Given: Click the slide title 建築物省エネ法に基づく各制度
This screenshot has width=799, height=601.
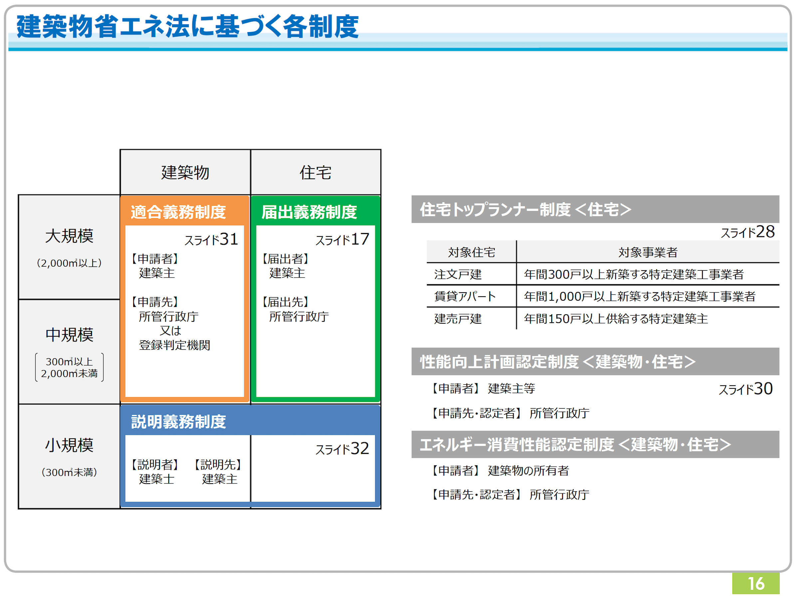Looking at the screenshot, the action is click(x=187, y=27).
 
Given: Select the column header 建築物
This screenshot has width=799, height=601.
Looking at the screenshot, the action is click(x=185, y=173).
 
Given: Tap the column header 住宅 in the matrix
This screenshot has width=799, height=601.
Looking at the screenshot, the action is click(x=315, y=173).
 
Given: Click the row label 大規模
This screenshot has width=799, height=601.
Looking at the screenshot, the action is click(x=69, y=236).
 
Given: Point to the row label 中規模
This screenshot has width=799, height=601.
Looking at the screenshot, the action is click(x=69, y=335).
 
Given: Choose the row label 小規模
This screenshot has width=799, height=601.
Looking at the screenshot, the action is click(x=69, y=445).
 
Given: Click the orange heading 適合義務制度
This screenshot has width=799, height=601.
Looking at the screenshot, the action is click(x=178, y=212).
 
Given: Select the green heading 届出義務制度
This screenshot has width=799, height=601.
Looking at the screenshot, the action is click(x=309, y=212).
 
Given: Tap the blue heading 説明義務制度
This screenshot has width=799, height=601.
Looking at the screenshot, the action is click(x=178, y=422).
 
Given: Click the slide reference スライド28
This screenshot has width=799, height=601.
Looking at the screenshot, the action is click(x=748, y=232).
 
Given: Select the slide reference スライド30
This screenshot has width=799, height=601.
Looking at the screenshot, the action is click(x=745, y=389).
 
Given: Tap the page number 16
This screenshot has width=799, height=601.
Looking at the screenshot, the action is click(x=756, y=584).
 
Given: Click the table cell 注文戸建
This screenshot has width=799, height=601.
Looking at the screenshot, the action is click(x=458, y=274).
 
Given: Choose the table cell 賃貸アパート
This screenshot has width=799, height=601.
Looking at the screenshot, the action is click(x=465, y=296).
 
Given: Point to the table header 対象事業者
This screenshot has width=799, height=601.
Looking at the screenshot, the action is click(x=648, y=252).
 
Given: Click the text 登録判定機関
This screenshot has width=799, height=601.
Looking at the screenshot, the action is click(x=174, y=345).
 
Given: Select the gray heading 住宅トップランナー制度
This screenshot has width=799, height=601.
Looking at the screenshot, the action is click(x=495, y=209).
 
